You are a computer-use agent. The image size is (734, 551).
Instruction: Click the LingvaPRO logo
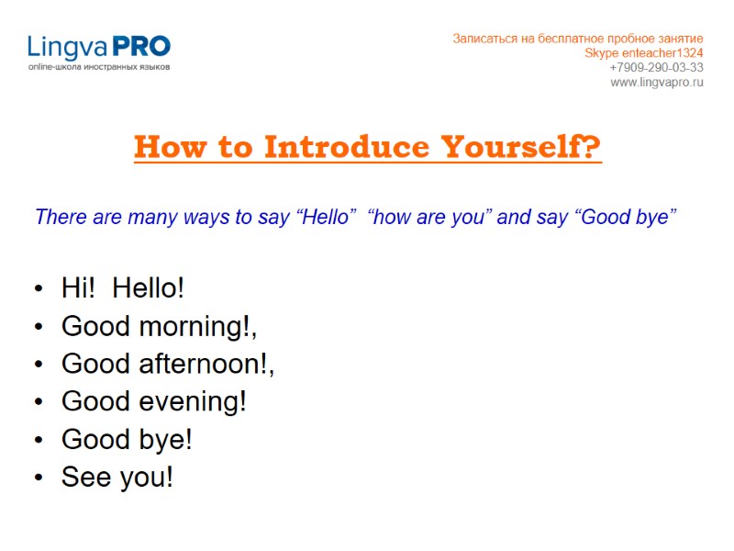tap(98, 47)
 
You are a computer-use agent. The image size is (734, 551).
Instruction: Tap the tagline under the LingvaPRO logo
tap(98, 68)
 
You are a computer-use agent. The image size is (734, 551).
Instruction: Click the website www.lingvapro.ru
tap(657, 83)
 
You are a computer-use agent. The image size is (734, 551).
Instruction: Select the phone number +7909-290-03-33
tap(656, 68)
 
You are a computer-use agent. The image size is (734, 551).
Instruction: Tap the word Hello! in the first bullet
tap(149, 288)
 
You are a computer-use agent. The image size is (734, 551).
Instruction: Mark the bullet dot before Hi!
tap(38, 290)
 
